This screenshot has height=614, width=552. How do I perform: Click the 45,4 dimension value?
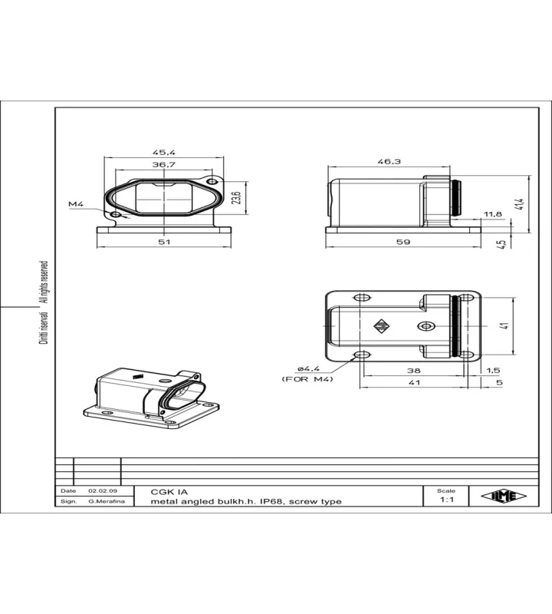pos(164,152)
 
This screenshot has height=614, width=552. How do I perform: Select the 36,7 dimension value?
pos(164,164)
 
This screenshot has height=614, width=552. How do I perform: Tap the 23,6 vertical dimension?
pos(236,198)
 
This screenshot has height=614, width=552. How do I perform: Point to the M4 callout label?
pos(76,204)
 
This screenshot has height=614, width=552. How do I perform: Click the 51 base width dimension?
pos(164,242)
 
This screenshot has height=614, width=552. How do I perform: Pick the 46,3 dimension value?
pos(389,161)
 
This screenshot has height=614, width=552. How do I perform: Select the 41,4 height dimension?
pos(520,204)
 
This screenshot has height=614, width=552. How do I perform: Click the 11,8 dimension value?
pos(492,214)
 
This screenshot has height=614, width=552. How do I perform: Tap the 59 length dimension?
pos(403,242)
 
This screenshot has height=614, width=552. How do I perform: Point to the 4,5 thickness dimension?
pos(501,243)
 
